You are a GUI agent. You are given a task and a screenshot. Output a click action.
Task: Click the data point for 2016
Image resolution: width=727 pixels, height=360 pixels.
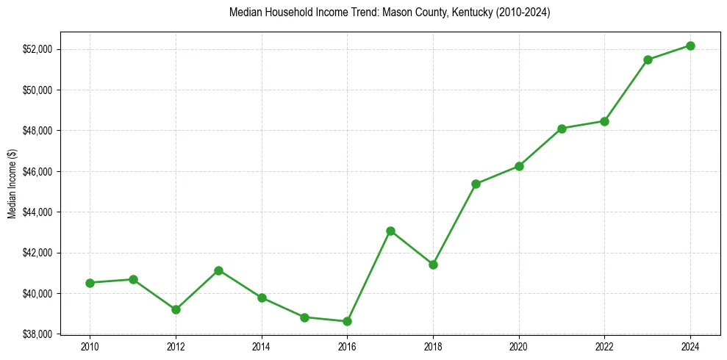(x=347, y=321)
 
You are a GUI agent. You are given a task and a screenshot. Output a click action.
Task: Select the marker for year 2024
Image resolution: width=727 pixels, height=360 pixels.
(x=690, y=46)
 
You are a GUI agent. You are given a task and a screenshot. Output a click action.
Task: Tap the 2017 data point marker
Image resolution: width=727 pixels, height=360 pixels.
(x=390, y=231)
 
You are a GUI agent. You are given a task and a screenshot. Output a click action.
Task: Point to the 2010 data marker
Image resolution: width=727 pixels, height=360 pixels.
(x=90, y=283)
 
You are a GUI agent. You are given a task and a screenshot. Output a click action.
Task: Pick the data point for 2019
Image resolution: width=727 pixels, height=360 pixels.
(x=476, y=184)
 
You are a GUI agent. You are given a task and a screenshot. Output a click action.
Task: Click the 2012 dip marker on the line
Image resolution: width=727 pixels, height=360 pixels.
(x=176, y=309)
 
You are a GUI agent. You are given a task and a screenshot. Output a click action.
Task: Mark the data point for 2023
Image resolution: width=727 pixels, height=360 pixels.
(x=648, y=60)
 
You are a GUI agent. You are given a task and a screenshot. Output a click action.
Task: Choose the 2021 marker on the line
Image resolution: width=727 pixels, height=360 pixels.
(x=562, y=129)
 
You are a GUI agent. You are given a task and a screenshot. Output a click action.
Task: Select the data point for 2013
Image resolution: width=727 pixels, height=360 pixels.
(x=218, y=270)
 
